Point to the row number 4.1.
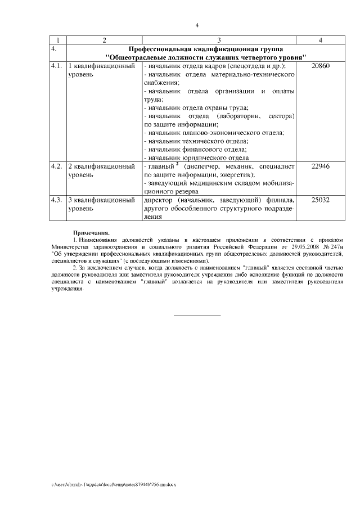(56, 66)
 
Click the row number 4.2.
(56, 166)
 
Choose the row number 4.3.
(56, 200)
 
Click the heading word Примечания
(92, 232)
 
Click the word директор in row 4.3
(160, 200)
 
